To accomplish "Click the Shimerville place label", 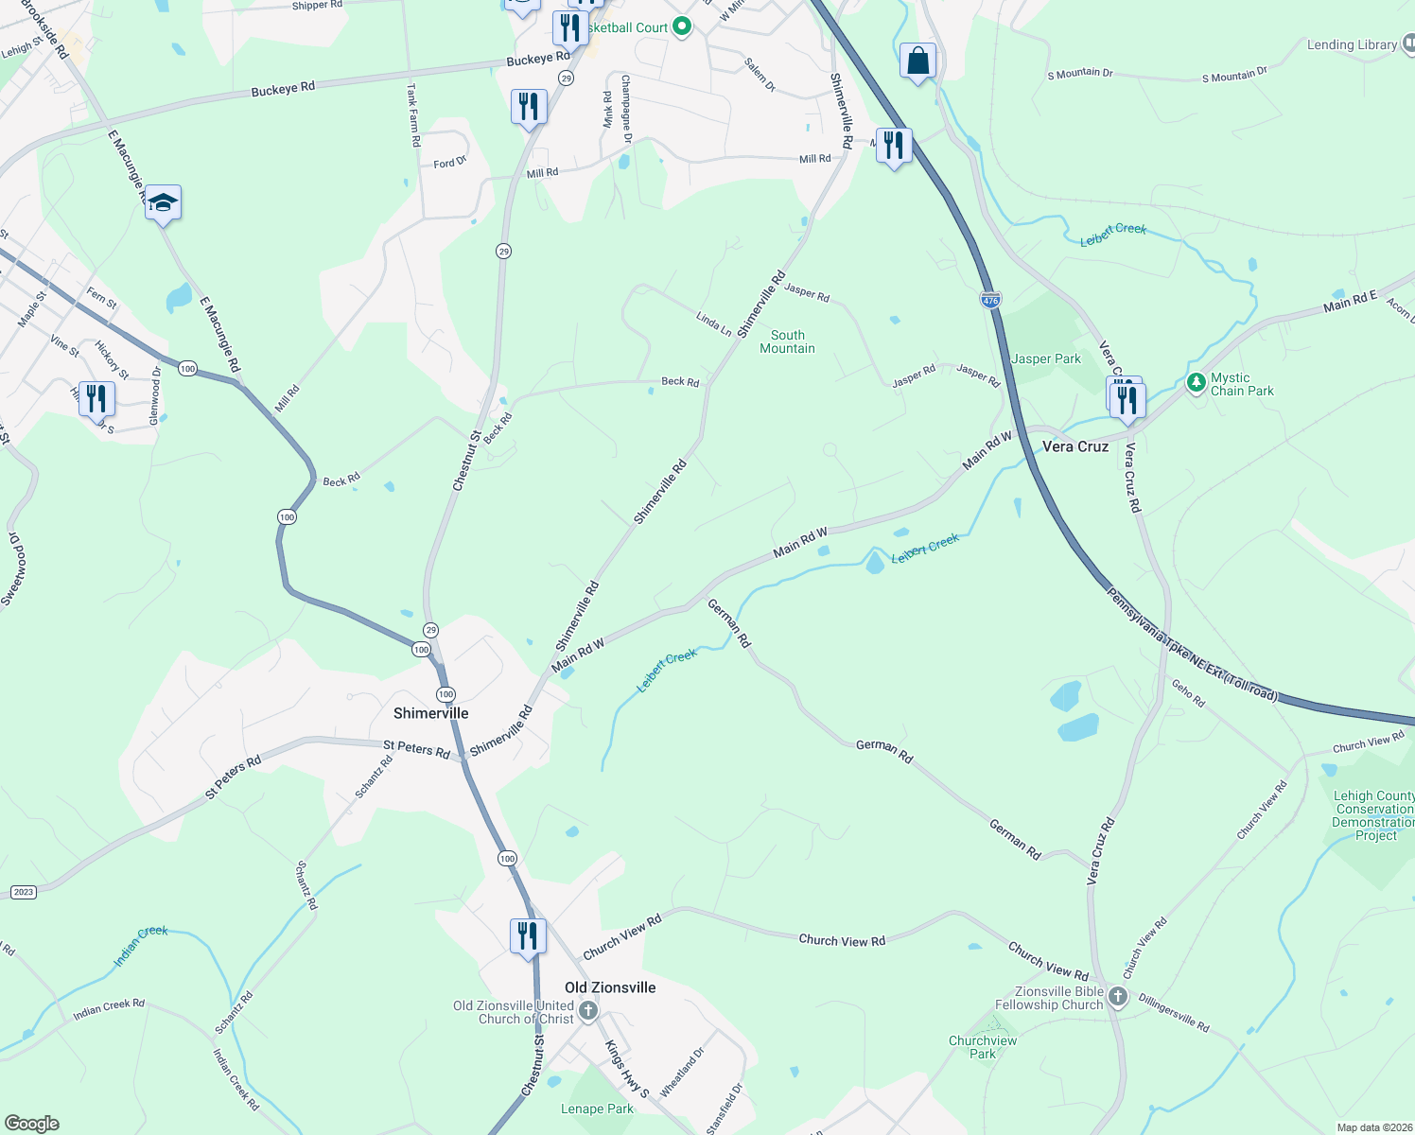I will (430, 713).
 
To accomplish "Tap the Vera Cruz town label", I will (1074, 446).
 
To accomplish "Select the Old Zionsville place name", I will (610, 987).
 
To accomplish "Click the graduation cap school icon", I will (163, 202).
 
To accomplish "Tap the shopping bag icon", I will (917, 61).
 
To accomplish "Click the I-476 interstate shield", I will (990, 301).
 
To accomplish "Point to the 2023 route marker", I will (24, 892).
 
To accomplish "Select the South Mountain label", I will (787, 341).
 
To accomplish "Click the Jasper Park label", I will (1045, 358).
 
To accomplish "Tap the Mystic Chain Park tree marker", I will (1197, 383).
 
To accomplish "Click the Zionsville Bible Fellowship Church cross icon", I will (1118, 997).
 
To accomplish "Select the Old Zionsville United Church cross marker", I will (587, 1011).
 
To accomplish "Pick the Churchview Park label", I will (983, 1047).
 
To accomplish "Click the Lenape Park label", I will (597, 1109).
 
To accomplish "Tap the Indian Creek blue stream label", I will (140, 946).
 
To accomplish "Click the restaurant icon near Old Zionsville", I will (527, 935).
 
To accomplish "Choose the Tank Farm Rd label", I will (412, 115).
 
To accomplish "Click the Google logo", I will (32, 1124).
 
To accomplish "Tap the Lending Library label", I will (1351, 44).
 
